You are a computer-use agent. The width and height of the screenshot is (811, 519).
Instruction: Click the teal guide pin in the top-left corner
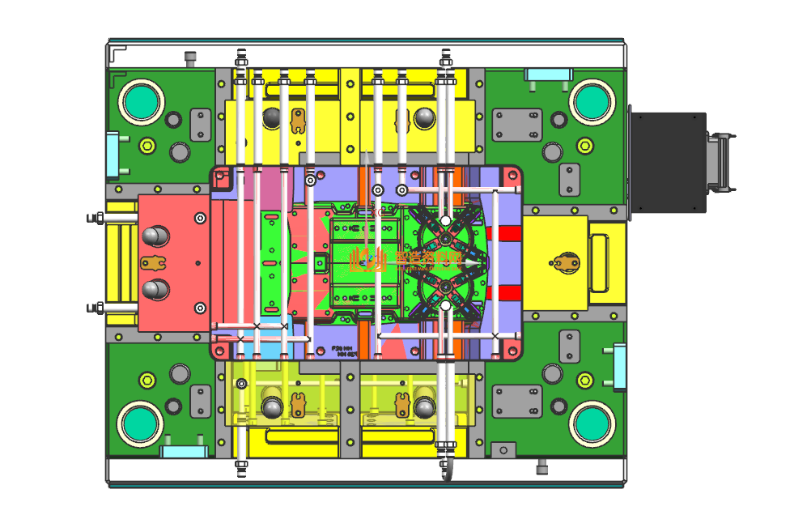click(142, 102)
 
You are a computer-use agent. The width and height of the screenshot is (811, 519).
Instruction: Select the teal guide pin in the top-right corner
click(591, 101)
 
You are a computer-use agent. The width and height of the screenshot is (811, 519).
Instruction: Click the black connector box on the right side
click(668, 162)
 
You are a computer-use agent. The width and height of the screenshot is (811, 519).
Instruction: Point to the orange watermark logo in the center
click(367, 260)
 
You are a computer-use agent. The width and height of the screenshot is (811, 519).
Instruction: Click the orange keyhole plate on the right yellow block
click(566, 262)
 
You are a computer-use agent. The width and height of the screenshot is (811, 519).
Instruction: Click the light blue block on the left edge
click(113, 154)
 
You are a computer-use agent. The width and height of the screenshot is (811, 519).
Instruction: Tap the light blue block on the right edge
click(619, 366)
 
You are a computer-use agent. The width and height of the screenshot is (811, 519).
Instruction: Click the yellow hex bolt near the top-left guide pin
click(146, 147)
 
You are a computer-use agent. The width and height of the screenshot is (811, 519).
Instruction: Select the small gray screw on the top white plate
click(191, 58)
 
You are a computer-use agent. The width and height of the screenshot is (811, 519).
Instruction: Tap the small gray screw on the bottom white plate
click(542, 468)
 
